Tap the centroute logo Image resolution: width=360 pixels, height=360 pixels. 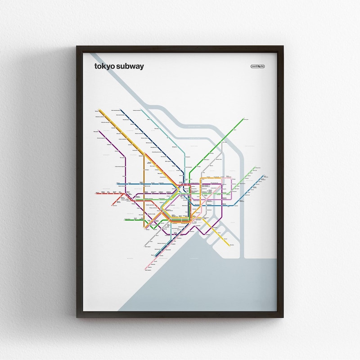(258, 67)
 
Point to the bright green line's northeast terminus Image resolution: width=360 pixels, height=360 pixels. (243, 119)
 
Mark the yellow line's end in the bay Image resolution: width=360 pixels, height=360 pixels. (229, 245)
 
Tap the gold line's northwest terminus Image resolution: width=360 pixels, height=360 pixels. (99, 109)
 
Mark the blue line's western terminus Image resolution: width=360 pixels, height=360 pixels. (118, 184)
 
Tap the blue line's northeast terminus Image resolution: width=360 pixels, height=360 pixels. (264, 176)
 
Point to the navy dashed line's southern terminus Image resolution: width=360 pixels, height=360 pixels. (156, 256)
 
